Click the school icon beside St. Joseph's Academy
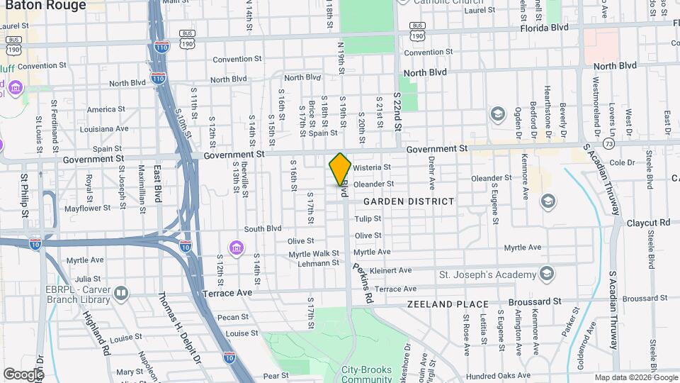coord(546,274)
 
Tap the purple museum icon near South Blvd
coord(235,248)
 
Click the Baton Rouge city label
coord(46,6)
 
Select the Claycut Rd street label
coord(648,223)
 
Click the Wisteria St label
coord(372,167)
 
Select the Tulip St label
coord(368,219)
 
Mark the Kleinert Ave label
coord(391,270)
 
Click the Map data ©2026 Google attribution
coord(635,377)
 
